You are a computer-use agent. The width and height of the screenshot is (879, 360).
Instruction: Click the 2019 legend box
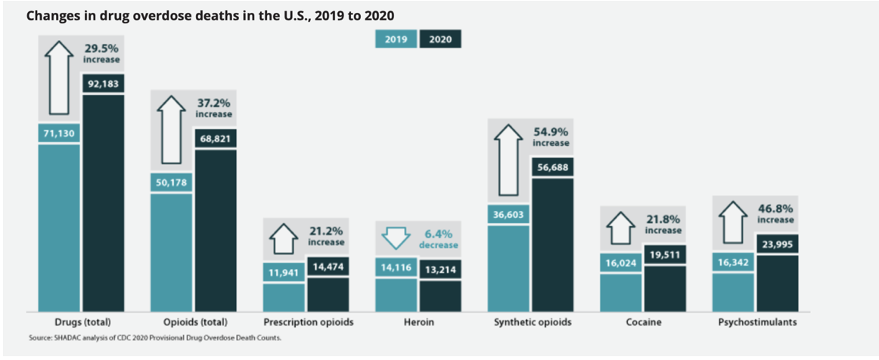pyautogui.click(x=396, y=40)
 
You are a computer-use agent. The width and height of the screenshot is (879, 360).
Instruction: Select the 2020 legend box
pyautogui.click(x=440, y=40)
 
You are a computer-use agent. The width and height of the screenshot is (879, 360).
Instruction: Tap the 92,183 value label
pyautogui.click(x=104, y=82)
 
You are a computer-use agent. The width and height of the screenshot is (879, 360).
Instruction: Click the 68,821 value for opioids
pyautogui.click(x=216, y=138)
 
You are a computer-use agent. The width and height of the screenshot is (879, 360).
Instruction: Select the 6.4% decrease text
pyautogui.click(x=438, y=239)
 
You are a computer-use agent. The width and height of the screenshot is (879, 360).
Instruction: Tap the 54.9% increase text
pyautogui.click(x=551, y=136)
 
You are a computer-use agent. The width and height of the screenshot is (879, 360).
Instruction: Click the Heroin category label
pyautogui.click(x=418, y=322)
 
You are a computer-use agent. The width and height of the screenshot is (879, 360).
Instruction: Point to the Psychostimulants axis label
pyautogui.click(x=756, y=322)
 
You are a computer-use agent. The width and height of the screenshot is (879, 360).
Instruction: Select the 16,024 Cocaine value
pyautogui.click(x=621, y=263)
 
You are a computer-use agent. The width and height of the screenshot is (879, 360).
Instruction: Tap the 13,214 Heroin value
pyautogui.click(x=439, y=268)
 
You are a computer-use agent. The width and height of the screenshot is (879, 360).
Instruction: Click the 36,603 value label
pyautogui.click(x=508, y=215)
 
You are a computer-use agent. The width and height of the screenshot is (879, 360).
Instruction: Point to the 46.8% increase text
pyautogui.click(x=775, y=214)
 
